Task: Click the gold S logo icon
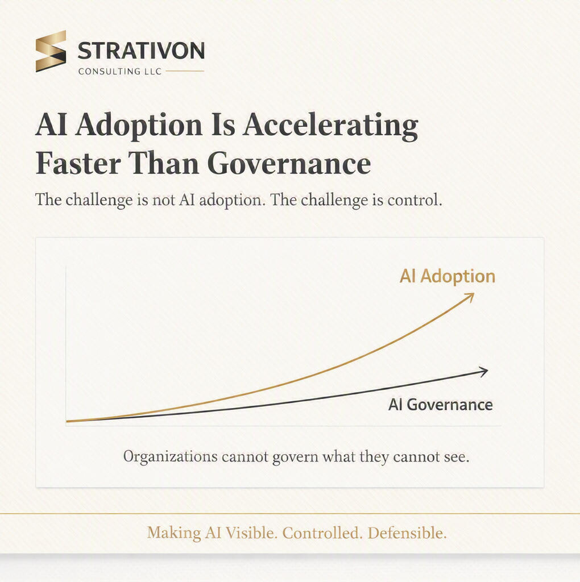pos(51,51)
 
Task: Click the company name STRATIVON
pos(141,51)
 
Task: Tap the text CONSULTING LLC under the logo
pos(120,71)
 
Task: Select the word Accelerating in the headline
pos(330,126)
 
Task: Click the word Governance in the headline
pos(289,163)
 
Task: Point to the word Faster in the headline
pos(78,163)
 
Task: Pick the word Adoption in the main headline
pos(139,126)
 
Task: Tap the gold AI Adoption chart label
pos(448,276)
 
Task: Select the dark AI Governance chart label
pos(440,405)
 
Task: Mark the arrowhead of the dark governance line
pos(483,372)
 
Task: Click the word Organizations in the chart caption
pos(171,457)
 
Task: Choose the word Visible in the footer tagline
pos(251,533)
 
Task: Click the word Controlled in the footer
pos(322,533)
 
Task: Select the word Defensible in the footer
pos(407,533)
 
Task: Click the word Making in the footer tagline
pos(174,534)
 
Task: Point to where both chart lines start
pos(67,421)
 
